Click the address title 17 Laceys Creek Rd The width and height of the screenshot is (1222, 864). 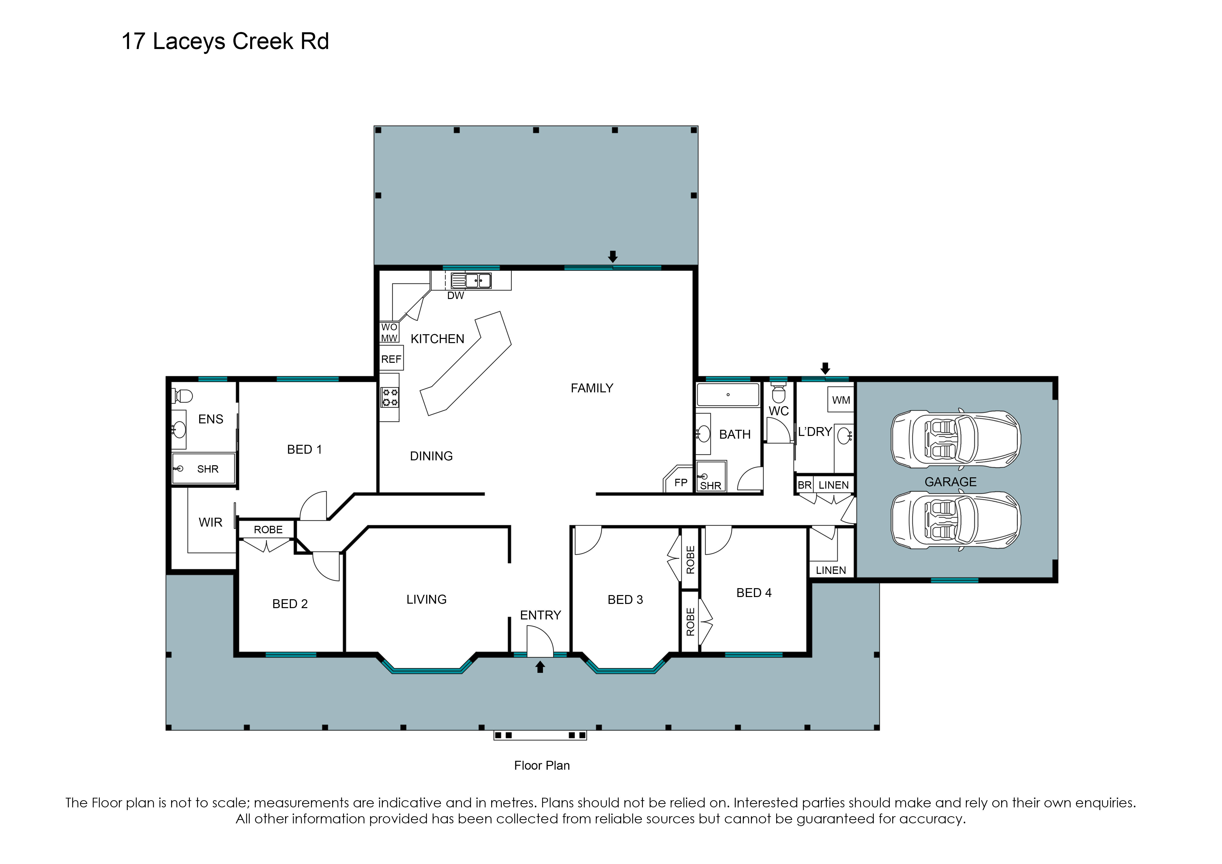tap(225, 42)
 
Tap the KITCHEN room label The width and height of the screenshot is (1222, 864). tap(438, 339)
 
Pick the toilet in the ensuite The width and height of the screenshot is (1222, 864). tap(182, 396)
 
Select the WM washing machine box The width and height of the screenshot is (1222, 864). tap(841, 400)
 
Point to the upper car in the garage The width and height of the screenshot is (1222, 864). tap(956, 439)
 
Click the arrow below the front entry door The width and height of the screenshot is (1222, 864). tap(540, 666)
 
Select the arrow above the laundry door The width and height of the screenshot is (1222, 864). tap(825, 368)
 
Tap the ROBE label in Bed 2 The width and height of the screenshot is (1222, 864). tap(268, 530)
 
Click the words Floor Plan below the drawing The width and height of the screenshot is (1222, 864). tap(542, 765)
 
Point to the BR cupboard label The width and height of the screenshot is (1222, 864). tap(804, 485)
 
